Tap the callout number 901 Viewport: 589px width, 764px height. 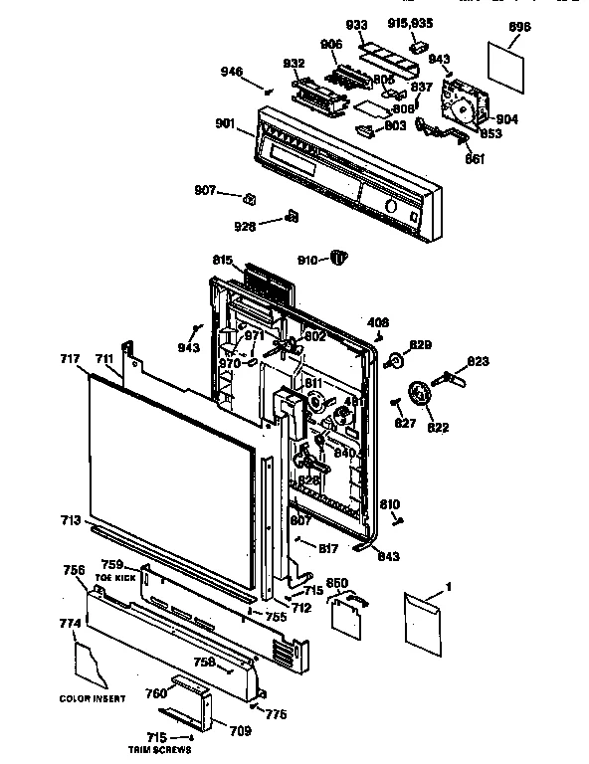[x=224, y=123]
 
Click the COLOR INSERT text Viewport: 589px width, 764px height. [x=93, y=698]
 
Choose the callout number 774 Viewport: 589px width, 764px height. [x=70, y=624]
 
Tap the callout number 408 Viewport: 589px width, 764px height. [x=378, y=322]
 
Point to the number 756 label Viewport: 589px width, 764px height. [x=73, y=570]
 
